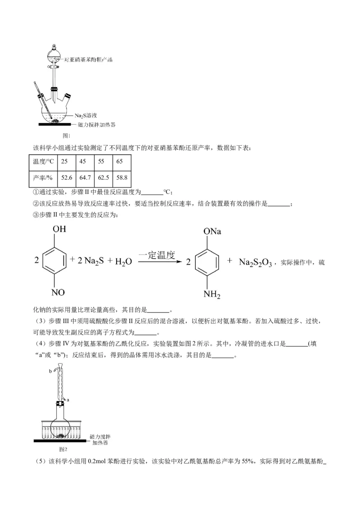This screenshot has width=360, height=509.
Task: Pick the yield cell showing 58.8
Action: pos(121,179)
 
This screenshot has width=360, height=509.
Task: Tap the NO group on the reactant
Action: pos(59,293)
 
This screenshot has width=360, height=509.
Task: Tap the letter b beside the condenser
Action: pos(50,371)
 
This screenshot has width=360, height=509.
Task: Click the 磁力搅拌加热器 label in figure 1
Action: pos(96,125)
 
